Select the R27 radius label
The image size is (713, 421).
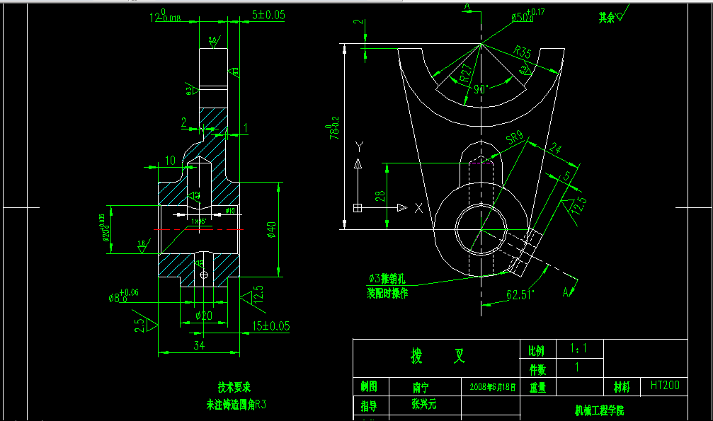tap(464, 74)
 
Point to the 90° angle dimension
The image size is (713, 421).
tap(482, 90)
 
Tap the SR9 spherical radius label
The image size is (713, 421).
tap(515, 137)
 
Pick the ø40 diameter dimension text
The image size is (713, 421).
tap(271, 229)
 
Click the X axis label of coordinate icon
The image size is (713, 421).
tap(418, 208)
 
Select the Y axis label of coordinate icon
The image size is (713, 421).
tap(359, 146)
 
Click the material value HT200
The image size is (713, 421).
tap(664, 386)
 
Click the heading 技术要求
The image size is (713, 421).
tap(234, 387)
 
